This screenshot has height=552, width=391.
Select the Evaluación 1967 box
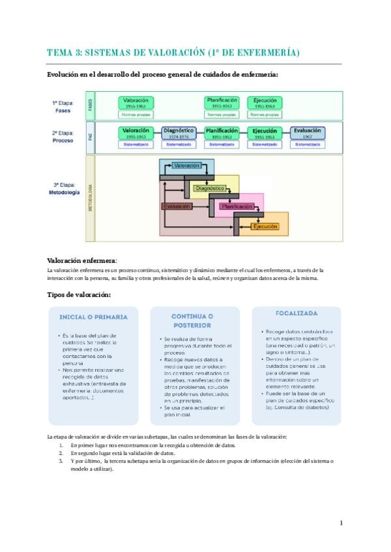(308, 132)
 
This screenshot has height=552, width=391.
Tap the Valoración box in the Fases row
(136, 103)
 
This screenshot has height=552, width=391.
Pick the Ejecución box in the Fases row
(265, 103)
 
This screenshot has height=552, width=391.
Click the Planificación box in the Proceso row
(222, 132)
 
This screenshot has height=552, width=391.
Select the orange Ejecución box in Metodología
(265, 227)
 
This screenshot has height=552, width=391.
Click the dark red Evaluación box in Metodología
(177, 206)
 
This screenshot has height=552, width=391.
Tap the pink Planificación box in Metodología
(237, 206)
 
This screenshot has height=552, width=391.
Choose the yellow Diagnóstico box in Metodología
(209, 188)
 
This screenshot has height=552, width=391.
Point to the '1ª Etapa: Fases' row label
(63, 107)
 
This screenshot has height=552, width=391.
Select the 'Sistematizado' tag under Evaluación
(308, 145)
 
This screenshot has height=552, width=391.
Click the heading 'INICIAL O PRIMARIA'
(93, 317)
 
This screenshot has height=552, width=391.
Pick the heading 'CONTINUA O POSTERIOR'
(192, 320)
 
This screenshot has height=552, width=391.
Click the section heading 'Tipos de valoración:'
(79, 294)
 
